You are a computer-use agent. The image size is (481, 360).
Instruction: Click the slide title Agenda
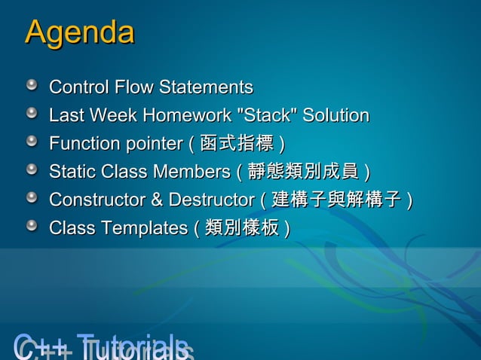(x=80, y=32)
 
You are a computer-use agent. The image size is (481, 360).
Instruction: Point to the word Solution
(x=336, y=116)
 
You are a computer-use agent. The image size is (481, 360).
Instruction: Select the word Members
(x=190, y=172)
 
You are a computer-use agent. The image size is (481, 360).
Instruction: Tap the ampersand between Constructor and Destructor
(x=156, y=200)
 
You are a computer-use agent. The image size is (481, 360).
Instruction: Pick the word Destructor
(x=211, y=200)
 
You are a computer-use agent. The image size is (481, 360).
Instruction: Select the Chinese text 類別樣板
(x=242, y=228)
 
